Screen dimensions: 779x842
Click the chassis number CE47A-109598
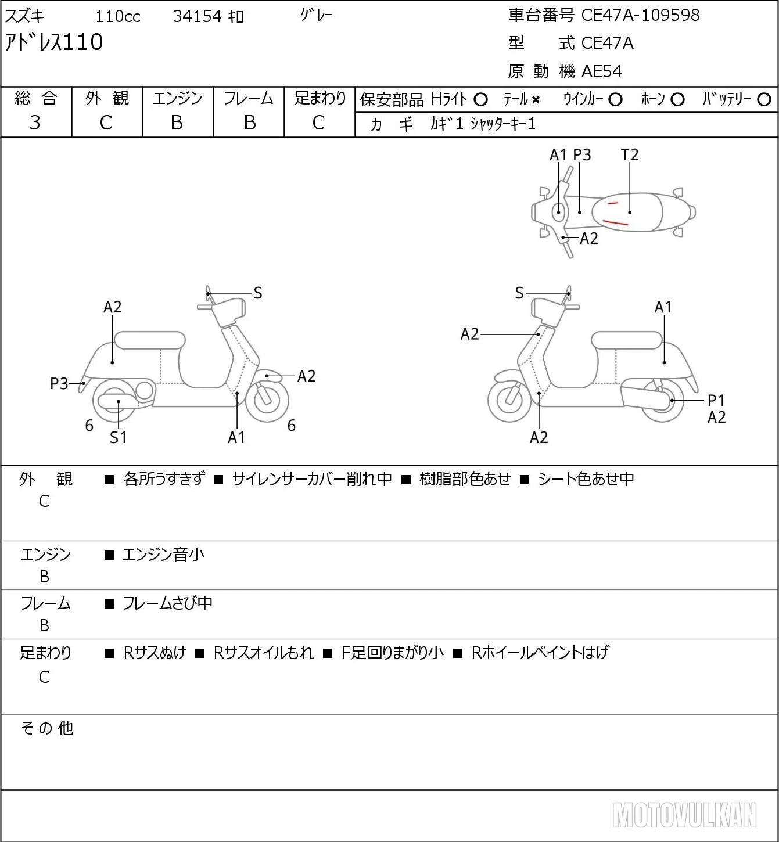click(640, 15)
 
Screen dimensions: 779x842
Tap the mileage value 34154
click(197, 16)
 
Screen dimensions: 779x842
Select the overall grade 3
click(35, 123)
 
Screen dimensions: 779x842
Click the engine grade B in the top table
click(177, 123)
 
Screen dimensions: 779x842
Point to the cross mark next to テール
click(536, 100)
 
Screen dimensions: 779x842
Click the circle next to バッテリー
click(764, 100)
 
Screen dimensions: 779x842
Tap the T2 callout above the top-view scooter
click(630, 154)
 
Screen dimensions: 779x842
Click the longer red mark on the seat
click(616, 222)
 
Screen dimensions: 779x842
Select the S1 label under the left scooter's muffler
click(118, 437)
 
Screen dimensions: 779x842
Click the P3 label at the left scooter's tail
click(59, 384)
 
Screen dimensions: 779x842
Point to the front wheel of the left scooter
click(267, 401)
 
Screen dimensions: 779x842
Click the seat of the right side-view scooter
click(626, 340)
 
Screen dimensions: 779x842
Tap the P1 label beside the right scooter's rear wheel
click(716, 400)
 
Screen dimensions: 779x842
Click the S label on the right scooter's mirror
click(519, 293)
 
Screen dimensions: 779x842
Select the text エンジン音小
click(163, 555)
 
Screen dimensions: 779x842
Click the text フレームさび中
click(167, 603)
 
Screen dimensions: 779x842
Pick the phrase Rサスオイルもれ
click(264, 653)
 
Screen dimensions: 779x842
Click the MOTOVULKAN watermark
click(684, 815)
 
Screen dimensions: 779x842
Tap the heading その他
click(47, 728)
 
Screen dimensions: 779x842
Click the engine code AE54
click(602, 71)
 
